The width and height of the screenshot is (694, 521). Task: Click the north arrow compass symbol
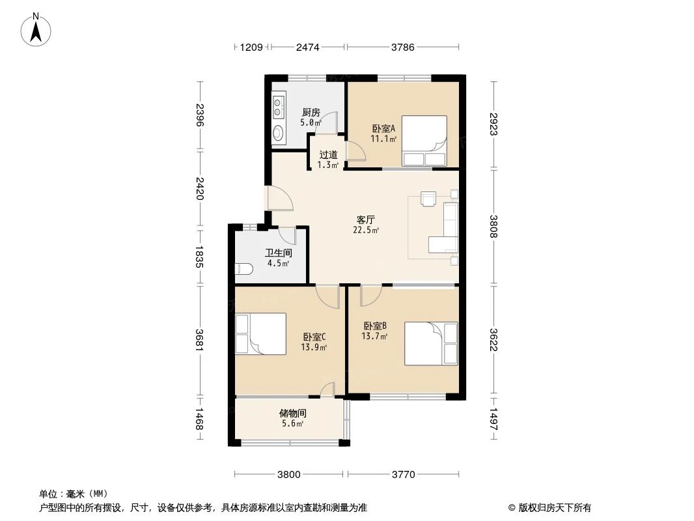(x=36, y=30)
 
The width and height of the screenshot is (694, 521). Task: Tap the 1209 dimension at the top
(x=251, y=47)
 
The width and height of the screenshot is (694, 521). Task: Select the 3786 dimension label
(x=403, y=47)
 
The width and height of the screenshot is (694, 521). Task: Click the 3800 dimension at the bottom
(x=288, y=475)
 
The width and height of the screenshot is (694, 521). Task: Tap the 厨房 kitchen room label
(x=311, y=113)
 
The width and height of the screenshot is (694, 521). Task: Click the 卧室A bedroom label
(x=383, y=129)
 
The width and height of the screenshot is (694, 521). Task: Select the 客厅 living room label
(x=366, y=219)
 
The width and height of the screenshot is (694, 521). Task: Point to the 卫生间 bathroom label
(x=279, y=253)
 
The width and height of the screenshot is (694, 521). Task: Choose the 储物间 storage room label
(x=292, y=414)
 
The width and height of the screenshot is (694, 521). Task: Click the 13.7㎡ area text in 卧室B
(x=374, y=337)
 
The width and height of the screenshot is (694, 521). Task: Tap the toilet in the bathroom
(x=243, y=268)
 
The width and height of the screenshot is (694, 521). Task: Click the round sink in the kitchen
(x=279, y=132)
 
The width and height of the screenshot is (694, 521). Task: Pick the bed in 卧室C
(x=260, y=333)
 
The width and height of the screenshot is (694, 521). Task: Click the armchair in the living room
(x=428, y=199)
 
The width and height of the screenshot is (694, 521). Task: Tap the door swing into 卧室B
(x=371, y=296)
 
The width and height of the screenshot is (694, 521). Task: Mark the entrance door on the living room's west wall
(x=280, y=197)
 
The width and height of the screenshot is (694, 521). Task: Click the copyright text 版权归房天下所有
(x=554, y=508)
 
